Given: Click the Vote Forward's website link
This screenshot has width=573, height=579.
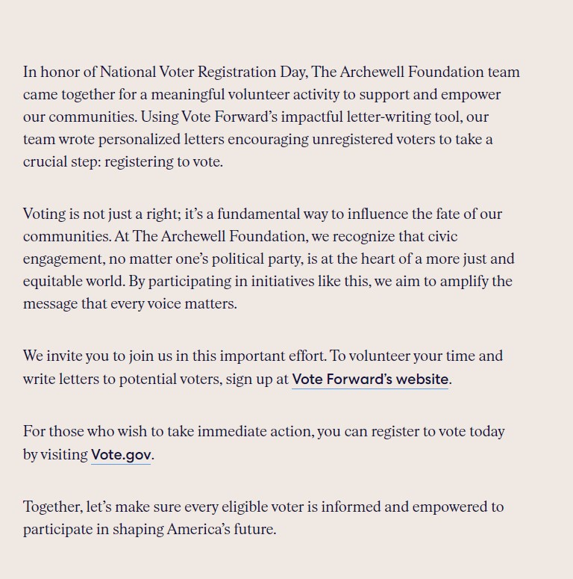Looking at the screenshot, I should [x=370, y=379].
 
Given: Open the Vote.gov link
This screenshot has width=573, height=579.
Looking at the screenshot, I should [x=121, y=454].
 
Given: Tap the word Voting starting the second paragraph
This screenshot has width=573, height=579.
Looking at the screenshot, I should [x=44, y=214].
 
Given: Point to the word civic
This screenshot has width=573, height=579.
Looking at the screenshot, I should [x=442, y=237].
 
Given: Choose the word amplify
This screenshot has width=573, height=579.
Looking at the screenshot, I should [x=463, y=282].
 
